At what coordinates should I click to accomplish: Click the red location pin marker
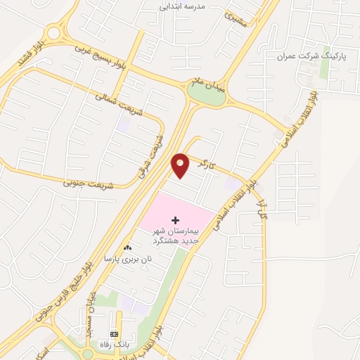(181, 165)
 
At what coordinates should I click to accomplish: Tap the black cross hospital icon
(175, 221)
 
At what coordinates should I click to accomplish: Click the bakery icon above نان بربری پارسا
(127, 247)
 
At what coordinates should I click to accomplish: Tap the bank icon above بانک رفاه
(114, 333)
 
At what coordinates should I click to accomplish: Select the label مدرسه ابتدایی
(184, 6)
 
